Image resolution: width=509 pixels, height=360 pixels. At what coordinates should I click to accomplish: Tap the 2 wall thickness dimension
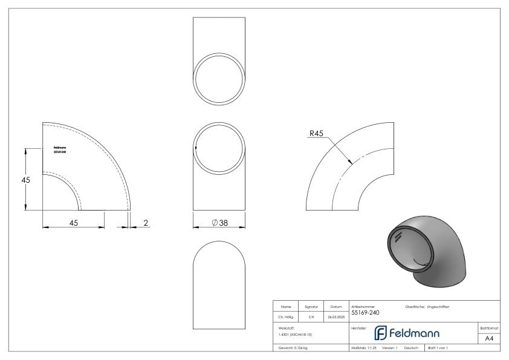click(x=146, y=223)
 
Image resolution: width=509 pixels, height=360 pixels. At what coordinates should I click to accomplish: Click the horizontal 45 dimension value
click(x=73, y=223)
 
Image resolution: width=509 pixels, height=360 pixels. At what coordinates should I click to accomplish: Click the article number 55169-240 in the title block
click(x=366, y=313)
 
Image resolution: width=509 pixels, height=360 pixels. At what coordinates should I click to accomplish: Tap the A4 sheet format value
click(x=490, y=338)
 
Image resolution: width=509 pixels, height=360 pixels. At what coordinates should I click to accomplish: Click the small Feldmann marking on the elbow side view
click(x=60, y=149)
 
